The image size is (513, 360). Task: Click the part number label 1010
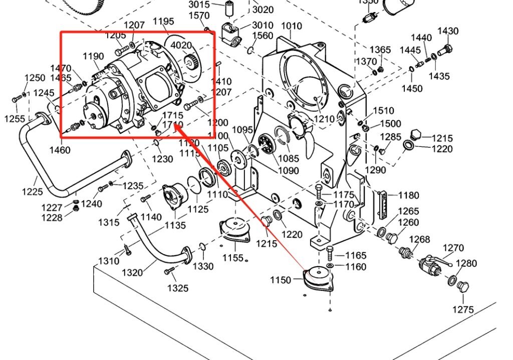click(291, 26)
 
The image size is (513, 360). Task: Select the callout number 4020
click(181, 45)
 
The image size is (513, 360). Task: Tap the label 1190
click(93, 56)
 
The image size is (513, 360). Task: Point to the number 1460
click(60, 150)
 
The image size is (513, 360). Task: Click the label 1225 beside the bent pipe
click(33, 191)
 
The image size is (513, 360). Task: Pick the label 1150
click(280, 280)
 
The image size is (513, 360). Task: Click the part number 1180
click(409, 196)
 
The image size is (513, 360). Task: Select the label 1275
click(463, 309)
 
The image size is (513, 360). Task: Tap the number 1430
click(448, 31)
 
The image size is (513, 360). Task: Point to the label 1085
click(289, 159)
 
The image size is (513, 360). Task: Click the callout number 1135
click(175, 226)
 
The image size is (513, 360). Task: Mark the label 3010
click(263, 26)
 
